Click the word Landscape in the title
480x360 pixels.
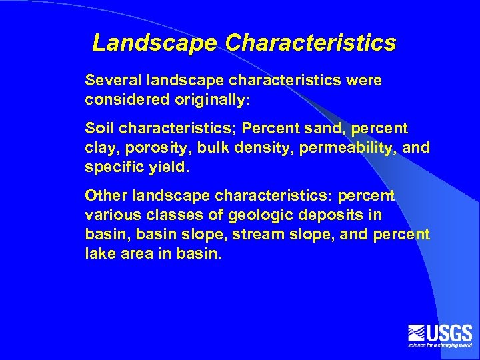coord(155,43)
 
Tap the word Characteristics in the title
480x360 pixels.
coord(311,43)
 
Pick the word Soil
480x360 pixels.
coord(98,127)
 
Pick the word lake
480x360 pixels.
coord(99,255)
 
